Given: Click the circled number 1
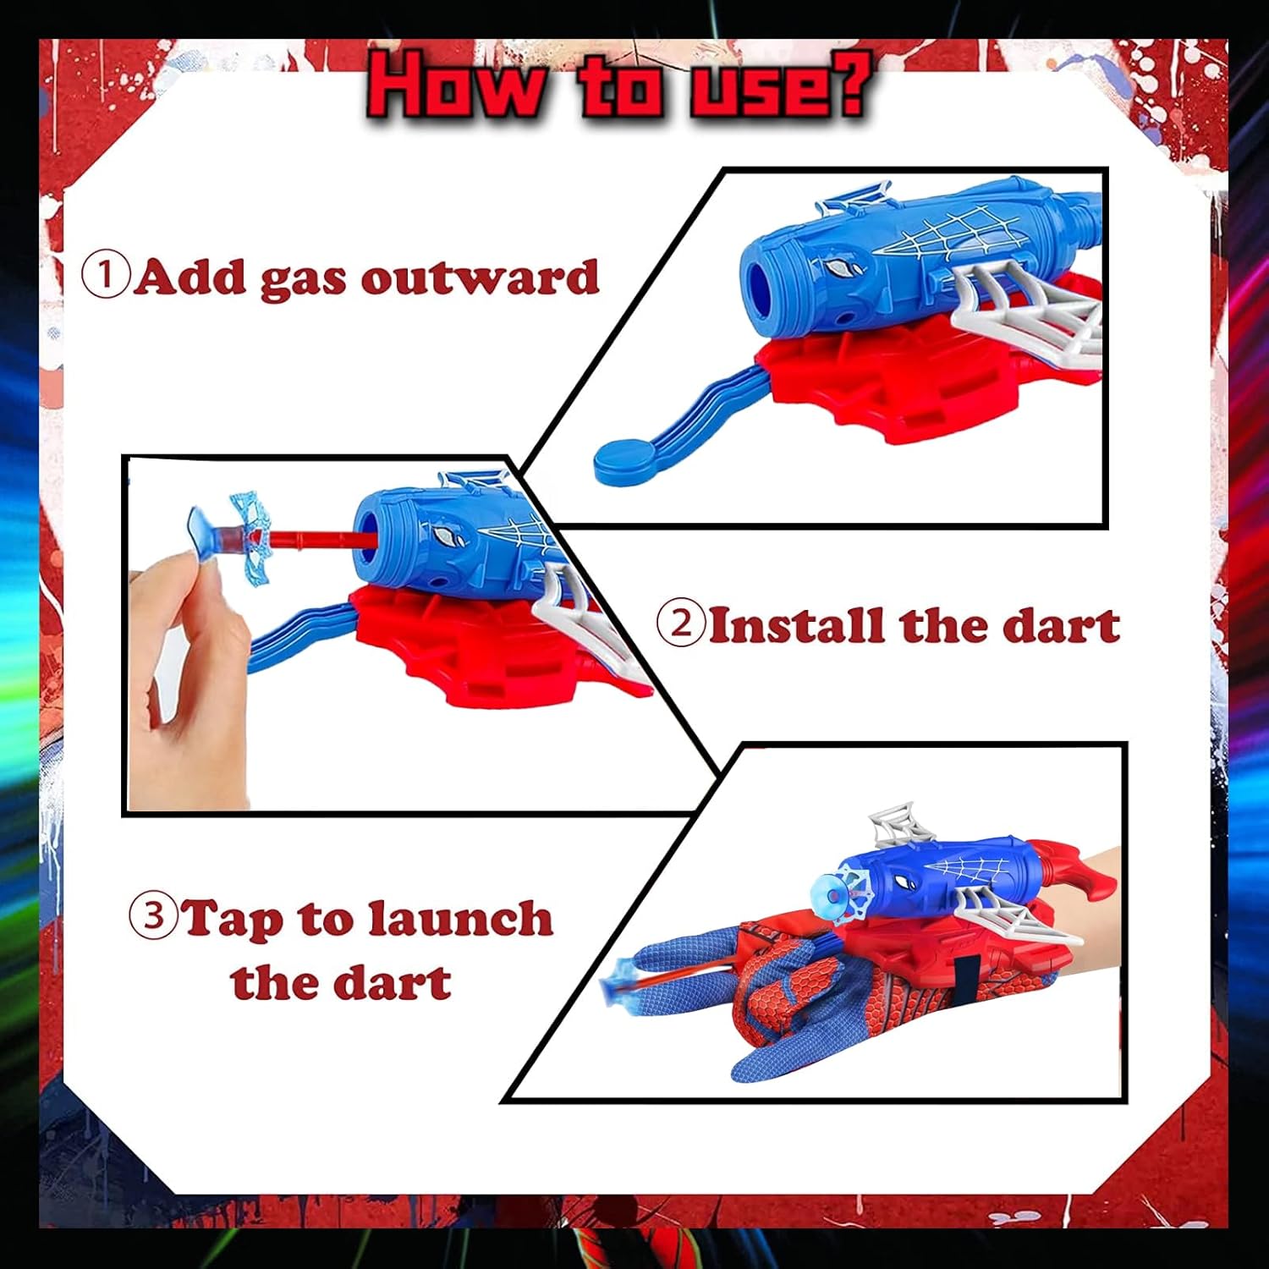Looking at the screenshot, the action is click(106, 275).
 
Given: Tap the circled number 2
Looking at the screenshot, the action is click(681, 624).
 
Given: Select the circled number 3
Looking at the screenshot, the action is click(153, 915).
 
